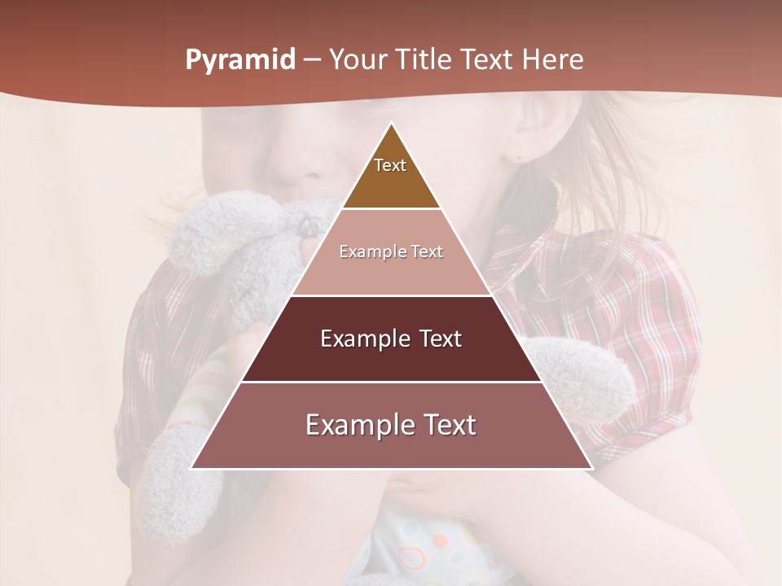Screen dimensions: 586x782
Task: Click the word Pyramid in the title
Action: pyautogui.click(x=240, y=60)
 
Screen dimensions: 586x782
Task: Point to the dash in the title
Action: pyautogui.click(x=311, y=60)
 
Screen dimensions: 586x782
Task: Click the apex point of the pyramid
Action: pyautogui.click(x=391, y=124)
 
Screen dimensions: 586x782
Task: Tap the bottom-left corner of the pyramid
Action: pyautogui.click(x=192, y=468)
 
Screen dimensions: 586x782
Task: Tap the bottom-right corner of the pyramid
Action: pyautogui.click(x=591, y=468)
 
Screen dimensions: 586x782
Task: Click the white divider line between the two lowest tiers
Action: pyautogui.click(x=391, y=382)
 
